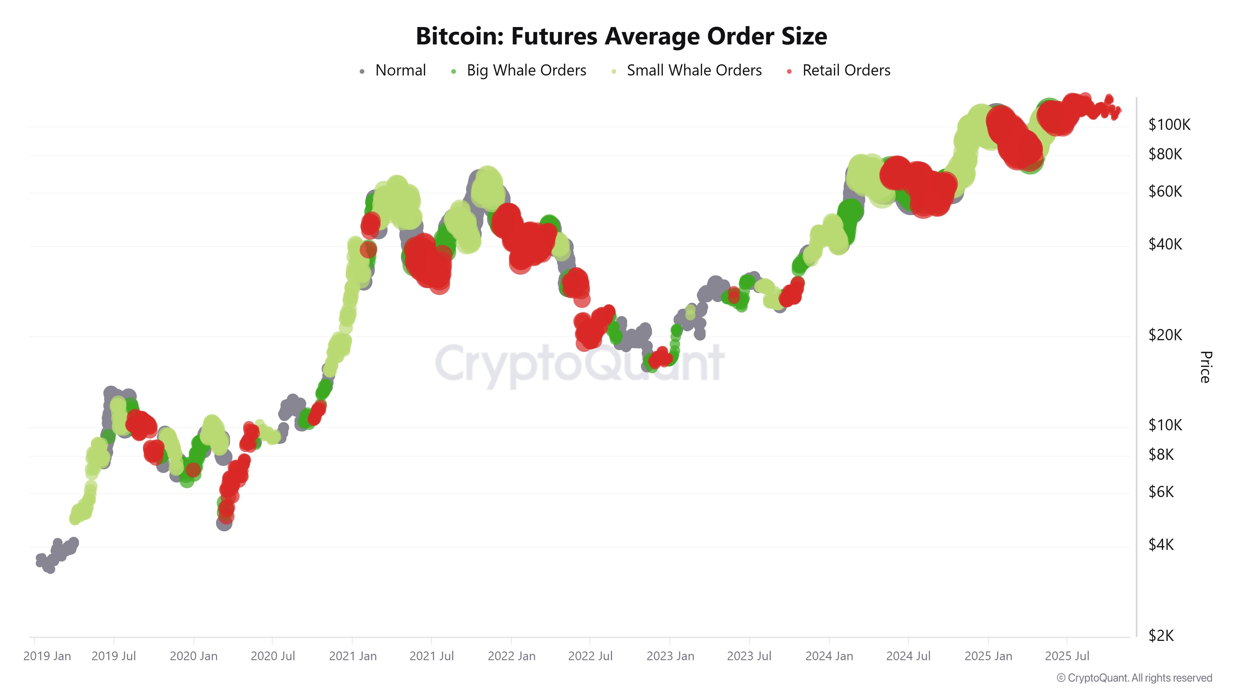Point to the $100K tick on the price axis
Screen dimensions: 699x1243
[x=1169, y=125]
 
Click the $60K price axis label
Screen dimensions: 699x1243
[x=1165, y=191]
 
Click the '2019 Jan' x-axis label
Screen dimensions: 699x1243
[x=47, y=656]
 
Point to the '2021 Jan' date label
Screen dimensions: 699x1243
[x=353, y=656]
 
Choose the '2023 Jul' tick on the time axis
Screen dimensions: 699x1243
[x=749, y=656]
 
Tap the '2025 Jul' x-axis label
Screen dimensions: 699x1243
[x=1067, y=656]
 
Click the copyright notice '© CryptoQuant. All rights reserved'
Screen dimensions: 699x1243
[x=1134, y=678]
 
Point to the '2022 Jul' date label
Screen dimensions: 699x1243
[x=590, y=656]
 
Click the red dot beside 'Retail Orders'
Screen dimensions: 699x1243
[x=789, y=71]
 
